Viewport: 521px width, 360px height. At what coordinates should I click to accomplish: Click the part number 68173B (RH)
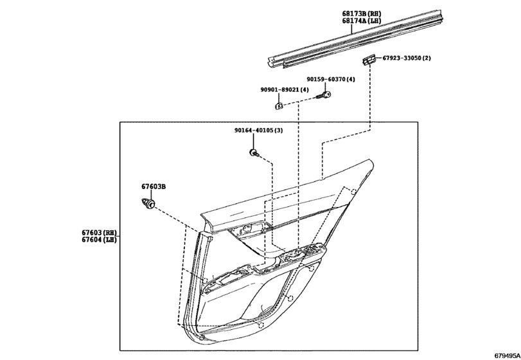coord(362,14)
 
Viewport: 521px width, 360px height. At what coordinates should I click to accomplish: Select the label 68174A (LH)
coord(362,21)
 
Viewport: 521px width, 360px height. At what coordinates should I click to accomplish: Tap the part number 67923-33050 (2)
coord(407,58)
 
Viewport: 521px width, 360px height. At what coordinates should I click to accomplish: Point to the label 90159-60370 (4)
coord(331,79)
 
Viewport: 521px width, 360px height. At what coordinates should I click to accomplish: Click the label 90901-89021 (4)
coord(285,90)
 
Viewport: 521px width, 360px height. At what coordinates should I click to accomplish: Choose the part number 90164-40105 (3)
coord(258,130)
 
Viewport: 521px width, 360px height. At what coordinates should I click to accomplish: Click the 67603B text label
coord(154,186)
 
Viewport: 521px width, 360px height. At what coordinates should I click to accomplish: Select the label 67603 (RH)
coord(100,232)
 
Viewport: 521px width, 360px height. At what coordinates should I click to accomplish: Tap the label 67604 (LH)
coord(100,239)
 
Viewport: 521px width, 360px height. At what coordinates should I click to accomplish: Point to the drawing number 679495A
coord(507,355)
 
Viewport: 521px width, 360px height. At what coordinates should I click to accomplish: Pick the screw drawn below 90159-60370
coord(324,95)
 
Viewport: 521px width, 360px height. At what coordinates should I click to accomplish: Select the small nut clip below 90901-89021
coord(279,106)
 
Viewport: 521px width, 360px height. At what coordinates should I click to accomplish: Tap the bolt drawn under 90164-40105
coord(254,153)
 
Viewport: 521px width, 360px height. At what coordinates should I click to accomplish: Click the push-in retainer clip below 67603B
coord(148,203)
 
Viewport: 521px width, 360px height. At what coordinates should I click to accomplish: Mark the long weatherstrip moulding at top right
coord(355,39)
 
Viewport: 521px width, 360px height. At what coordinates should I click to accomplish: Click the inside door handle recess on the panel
coord(249,230)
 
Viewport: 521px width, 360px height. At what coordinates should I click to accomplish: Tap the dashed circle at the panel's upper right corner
coord(354,192)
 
